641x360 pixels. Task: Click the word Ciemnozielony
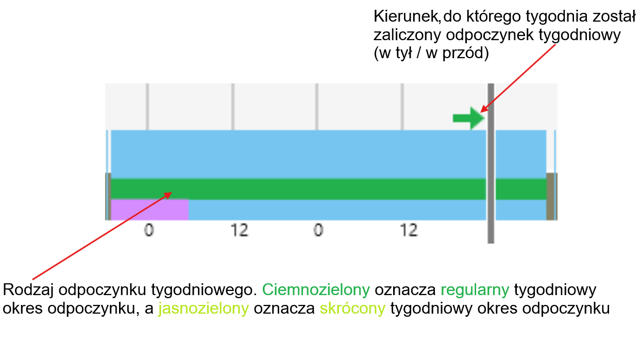(x=316, y=290)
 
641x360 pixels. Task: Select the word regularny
(x=475, y=290)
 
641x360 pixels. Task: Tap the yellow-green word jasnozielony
(x=204, y=308)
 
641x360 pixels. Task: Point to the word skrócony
(x=352, y=308)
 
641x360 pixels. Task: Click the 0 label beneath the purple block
(x=148, y=230)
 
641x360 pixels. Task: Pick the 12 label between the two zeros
(x=240, y=230)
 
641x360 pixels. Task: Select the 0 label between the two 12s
(x=318, y=230)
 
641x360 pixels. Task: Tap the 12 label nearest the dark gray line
(x=409, y=230)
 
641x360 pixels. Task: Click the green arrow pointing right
(x=468, y=118)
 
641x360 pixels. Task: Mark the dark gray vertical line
(x=491, y=165)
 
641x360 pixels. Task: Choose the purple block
(x=149, y=210)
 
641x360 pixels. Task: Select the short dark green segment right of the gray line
(x=520, y=189)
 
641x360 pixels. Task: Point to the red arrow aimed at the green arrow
(x=518, y=78)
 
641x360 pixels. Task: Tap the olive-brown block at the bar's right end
(x=550, y=197)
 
